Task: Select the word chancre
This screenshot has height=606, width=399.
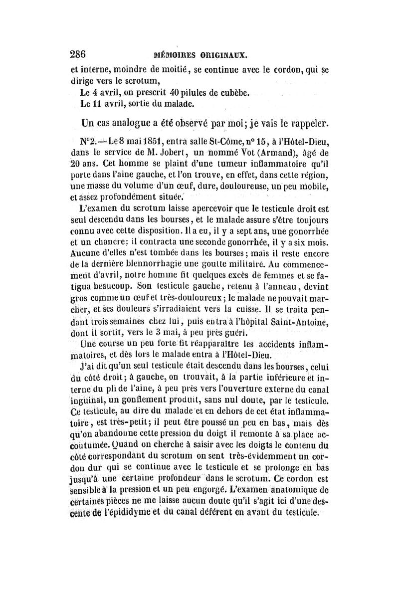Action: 113,242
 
